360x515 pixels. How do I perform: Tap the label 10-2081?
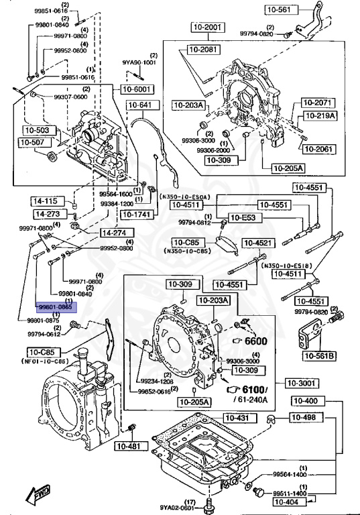pos(202,50)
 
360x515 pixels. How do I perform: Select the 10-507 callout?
pos(33,142)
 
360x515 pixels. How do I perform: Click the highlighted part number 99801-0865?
pos(57,307)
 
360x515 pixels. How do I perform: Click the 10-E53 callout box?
pos(243,217)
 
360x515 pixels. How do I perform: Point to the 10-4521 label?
pos(258,243)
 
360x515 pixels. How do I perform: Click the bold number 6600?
pos(255,341)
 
